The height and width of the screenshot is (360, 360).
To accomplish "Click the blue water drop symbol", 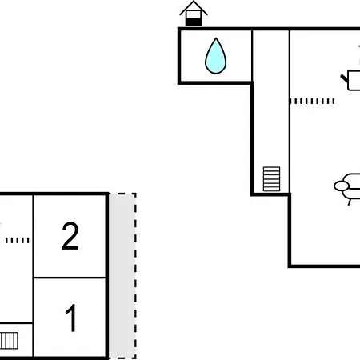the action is tap(216, 57).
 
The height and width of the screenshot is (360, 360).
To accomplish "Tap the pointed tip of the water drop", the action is tap(216, 38).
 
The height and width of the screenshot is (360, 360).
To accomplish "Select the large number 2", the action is tap(70, 236).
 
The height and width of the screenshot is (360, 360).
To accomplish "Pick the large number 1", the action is tap(71, 318).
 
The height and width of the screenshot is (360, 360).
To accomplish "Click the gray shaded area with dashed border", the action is tap(122, 276).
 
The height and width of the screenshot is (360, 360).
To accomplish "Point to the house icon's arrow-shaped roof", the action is tap(194, 7).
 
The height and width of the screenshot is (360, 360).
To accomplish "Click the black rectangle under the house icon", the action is tap(194, 22).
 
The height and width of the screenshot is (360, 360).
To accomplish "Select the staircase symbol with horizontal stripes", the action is tap(271, 179).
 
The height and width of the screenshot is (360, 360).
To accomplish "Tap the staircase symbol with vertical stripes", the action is tap(9, 341).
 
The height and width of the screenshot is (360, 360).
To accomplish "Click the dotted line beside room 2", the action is tap(18, 241).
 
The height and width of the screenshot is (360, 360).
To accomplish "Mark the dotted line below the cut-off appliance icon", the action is tap(312, 102).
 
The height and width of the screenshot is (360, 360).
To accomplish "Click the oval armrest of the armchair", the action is tap(341, 186).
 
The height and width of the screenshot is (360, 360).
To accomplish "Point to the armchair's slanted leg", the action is tap(350, 202).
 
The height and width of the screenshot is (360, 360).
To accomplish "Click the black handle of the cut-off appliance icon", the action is tap(345, 78).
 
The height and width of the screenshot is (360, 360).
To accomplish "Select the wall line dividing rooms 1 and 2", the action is tap(70, 278).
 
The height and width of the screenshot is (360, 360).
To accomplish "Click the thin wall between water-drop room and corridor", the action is tap(252, 56).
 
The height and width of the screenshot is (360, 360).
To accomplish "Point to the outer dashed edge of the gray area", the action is tap(135, 276).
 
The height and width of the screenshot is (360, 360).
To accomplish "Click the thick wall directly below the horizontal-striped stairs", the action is tap(270, 194).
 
